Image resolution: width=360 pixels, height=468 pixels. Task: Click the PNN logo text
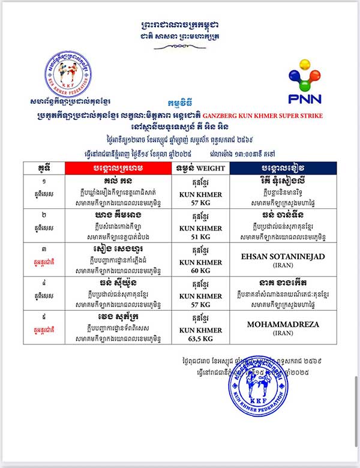pos(304,98)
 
